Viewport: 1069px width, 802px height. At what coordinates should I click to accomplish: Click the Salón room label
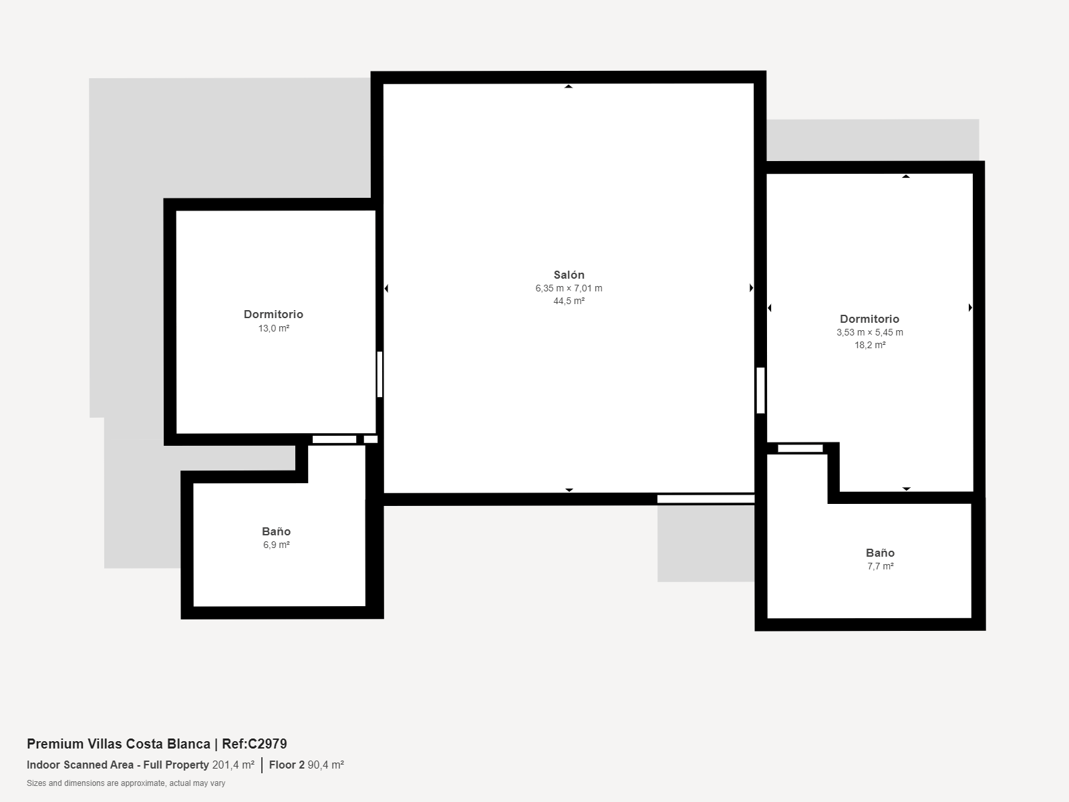point(569,275)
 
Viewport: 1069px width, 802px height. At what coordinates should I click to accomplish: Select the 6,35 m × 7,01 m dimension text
point(569,288)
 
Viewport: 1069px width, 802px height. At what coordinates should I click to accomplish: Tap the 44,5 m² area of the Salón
point(569,301)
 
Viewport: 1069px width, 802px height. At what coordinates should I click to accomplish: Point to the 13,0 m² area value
point(274,328)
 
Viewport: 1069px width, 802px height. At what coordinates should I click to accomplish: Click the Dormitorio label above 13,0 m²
point(274,315)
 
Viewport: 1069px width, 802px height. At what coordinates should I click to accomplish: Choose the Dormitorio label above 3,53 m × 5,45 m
point(870,319)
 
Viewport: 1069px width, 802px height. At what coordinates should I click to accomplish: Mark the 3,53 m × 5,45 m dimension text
point(870,333)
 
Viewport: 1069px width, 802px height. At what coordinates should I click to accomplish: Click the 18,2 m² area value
point(870,345)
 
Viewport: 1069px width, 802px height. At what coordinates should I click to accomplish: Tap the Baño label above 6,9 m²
point(276,531)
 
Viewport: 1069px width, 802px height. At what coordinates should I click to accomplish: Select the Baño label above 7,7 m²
point(880,553)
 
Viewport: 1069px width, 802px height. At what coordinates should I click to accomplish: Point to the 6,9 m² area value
point(276,545)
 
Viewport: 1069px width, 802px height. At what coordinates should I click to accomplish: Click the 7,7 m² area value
point(880,566)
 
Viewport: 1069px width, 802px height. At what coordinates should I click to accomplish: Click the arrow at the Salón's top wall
point(569,86)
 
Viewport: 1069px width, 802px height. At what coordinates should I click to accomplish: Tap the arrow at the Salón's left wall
point(386,288)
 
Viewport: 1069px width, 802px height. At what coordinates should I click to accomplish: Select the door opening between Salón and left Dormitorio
point(379,374)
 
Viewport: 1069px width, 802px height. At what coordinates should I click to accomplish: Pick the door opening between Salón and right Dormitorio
point(760,390)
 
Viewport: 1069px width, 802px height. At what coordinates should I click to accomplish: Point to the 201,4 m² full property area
point(233,765)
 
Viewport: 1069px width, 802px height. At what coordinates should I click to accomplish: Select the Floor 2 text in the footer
point(287,765)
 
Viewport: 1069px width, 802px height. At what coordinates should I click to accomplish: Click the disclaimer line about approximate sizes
point(126,783)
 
